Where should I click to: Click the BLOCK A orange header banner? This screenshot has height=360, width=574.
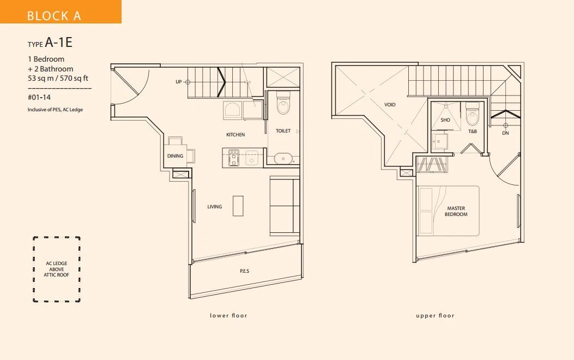tap(61, 11)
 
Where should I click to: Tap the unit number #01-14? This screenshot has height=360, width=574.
tap(39, 98)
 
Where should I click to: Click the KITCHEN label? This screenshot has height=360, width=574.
tap(235, 135)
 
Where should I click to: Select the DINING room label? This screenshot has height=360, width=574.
tap(175, 156)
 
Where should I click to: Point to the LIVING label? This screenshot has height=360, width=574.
tap(215, 207)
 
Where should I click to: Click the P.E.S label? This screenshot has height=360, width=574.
tap(245, 271)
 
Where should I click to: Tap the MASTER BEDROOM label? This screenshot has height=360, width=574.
tap(456, 211)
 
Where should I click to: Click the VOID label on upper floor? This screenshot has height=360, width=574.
tap(390, 105)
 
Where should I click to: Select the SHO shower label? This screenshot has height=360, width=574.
tap(445, 120)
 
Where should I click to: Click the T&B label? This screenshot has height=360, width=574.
tap(473, 131)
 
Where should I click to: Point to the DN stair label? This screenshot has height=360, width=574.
tap(505, 133)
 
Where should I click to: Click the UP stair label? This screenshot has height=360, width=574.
tap(179, 82)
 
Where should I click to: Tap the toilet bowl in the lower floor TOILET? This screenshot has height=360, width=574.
tap(283, 103)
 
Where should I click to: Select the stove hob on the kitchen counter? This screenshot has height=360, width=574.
tap(233, 158)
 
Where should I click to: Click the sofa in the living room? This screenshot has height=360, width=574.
tap(285, 206)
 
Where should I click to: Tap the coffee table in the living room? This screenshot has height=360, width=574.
tap(238, 206)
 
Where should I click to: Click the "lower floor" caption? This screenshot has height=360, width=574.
tap(228, 315)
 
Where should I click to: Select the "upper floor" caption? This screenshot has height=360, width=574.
tap(435, 315)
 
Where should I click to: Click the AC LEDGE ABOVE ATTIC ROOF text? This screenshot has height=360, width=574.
tap(56, 269)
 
